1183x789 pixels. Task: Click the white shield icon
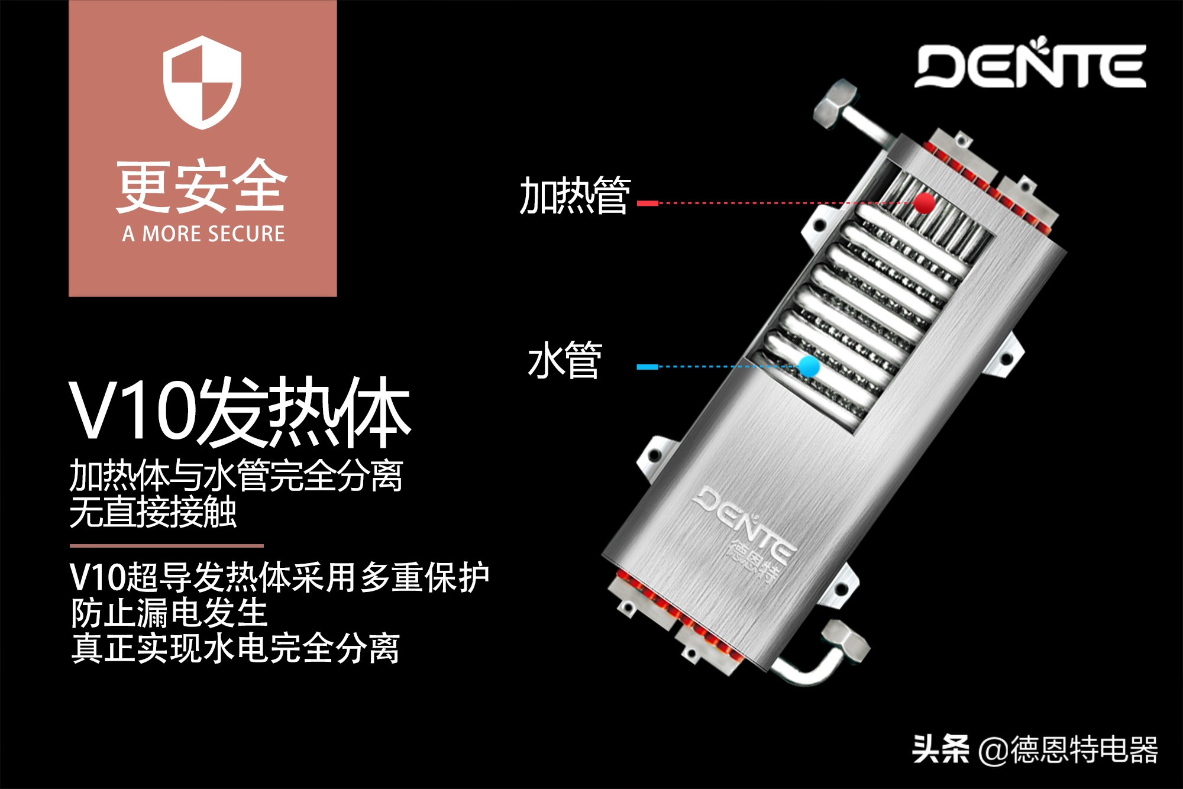(202, 82)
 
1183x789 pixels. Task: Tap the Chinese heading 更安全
(202, 187)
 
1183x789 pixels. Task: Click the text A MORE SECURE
(203, 234)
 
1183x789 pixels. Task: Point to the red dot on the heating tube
(924, 203)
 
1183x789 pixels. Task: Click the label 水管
(565, 360)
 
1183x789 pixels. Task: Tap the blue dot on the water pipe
(809, 366)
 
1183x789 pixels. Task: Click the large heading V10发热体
(240, 412)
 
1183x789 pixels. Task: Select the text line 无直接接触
(153, 512)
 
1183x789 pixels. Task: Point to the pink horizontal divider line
(166, 546)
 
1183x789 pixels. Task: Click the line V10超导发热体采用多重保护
(279, 577)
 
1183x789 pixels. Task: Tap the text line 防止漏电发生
(169, 613)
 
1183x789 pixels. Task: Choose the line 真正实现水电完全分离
(235, 648)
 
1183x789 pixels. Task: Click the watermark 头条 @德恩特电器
(1035, 749)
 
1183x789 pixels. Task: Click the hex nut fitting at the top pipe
(835, 105)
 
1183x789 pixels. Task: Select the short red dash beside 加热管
(648, 203)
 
